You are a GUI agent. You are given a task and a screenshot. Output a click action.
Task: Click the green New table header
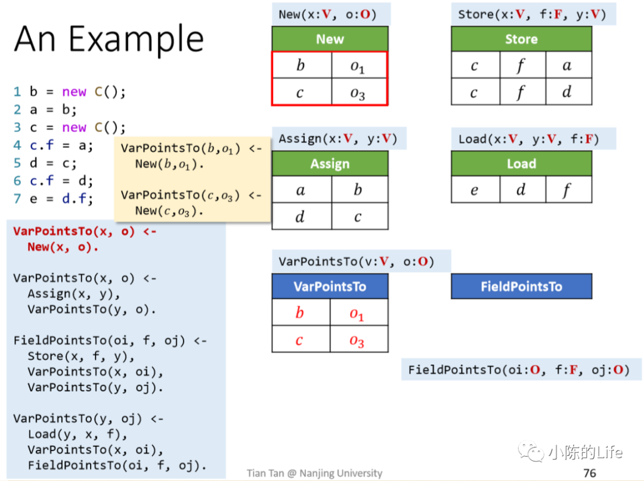(330, 39)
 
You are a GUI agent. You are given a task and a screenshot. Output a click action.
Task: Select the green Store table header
(521, 39)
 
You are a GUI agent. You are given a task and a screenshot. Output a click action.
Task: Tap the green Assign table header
(330, 164)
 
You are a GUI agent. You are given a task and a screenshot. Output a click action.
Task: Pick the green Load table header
(521, 164)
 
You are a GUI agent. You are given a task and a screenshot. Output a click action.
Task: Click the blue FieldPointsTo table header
(521, 287)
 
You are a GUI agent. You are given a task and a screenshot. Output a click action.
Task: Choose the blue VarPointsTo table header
(330, 287)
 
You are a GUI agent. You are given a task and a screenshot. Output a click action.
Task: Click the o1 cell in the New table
(358, 66)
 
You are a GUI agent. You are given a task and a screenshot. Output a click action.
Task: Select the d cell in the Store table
(566, 92)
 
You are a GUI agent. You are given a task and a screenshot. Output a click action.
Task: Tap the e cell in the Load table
(475, 190)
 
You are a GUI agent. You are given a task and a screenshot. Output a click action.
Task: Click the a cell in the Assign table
(301, 190)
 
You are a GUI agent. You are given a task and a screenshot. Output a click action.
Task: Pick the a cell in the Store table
(566, 66)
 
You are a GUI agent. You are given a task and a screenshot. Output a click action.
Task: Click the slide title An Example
(109, 39)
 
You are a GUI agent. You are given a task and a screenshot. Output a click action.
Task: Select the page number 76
(589, 473)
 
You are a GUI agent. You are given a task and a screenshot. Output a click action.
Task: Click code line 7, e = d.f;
(54, 199)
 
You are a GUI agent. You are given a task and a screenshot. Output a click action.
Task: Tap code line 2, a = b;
(45, 110)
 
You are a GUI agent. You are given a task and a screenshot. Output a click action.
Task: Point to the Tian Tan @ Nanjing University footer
(314, 473)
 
